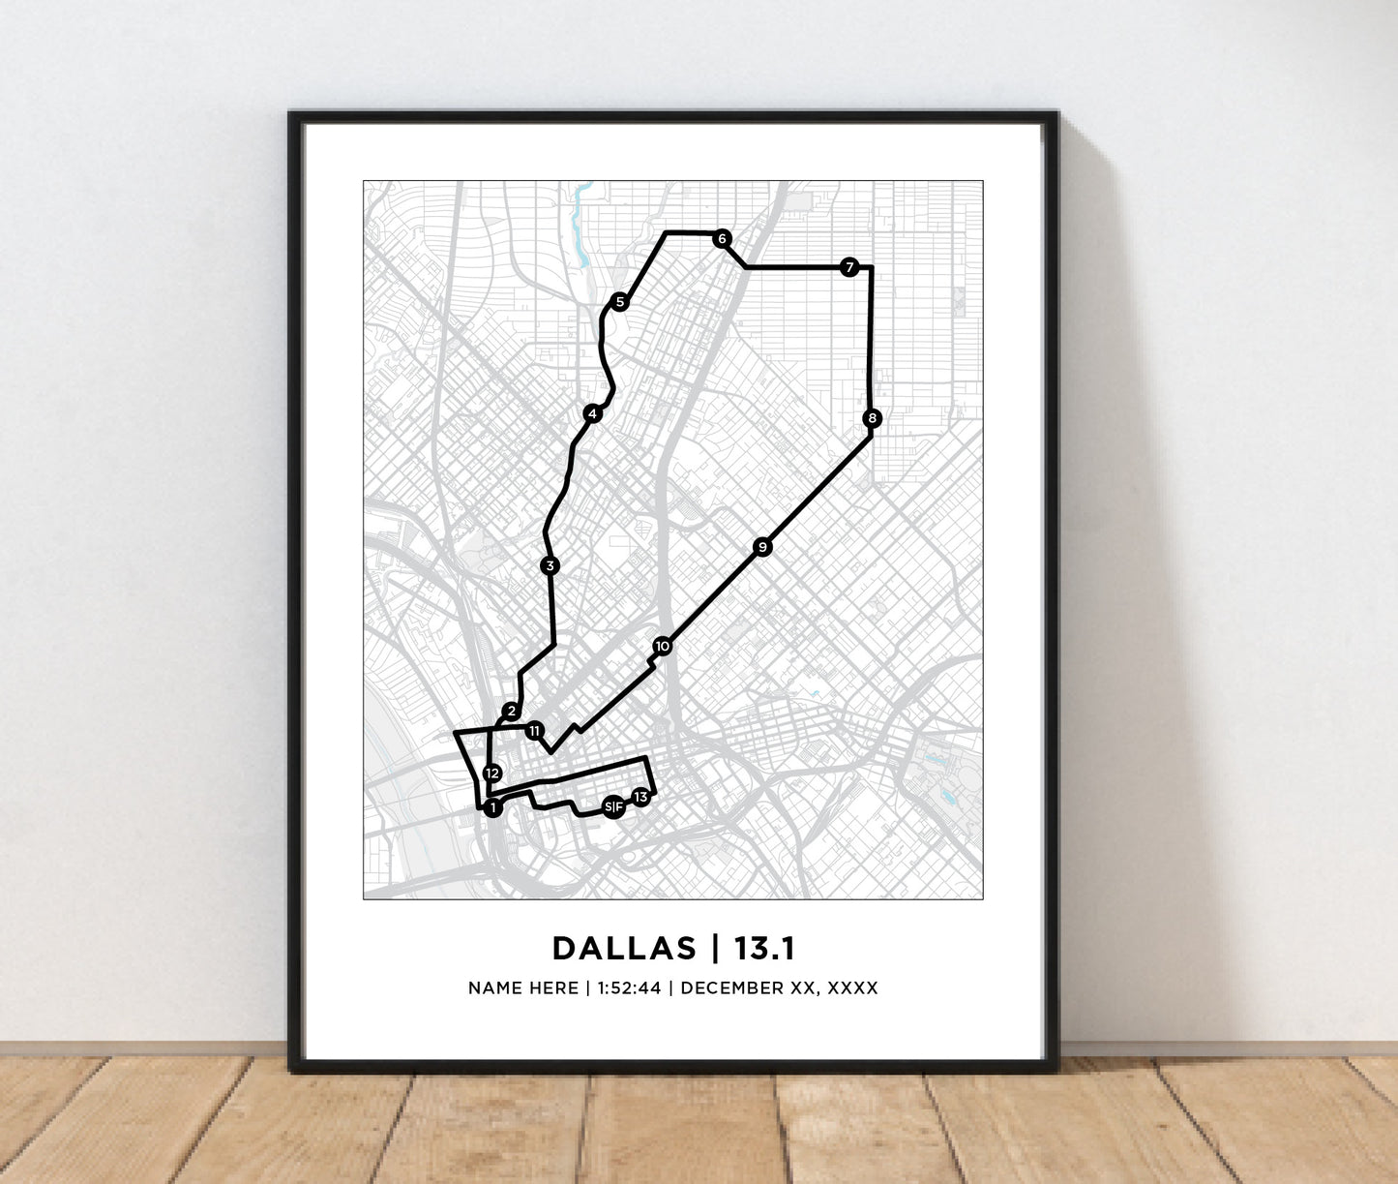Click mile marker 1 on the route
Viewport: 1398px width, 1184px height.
[x=492, y=807]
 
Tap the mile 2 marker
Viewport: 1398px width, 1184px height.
[x=511, y=712]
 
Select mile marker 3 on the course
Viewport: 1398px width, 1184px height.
[x=550, y=565]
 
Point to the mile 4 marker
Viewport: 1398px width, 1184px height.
[x=592, y=414]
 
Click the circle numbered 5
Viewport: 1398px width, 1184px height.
[x=619, y=302]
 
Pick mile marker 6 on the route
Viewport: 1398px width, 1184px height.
[x=721, y=239]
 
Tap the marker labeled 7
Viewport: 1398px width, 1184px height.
[x=848, y=267]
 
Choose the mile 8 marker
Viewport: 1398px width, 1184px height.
[x=873, y=418]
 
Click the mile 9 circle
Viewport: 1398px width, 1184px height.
[x=762, y=547]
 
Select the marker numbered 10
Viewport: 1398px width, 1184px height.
[x=662, y=646]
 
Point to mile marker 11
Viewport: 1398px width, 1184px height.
[x=534, y=731]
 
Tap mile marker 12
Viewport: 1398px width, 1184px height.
[x=491, y=773]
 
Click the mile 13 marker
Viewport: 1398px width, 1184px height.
[x=640, y=797]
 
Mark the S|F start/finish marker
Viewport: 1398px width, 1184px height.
[x=612, y=806]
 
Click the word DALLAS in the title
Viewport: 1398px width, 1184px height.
[x=624, y=949]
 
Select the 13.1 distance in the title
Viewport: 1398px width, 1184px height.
[x=764, y=949]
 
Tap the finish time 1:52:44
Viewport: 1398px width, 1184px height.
[x=629, y=988]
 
